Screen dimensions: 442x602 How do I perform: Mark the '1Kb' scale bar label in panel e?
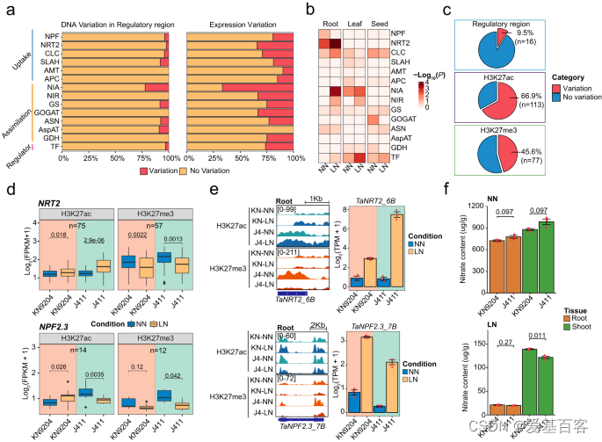(x=315, y=199)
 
